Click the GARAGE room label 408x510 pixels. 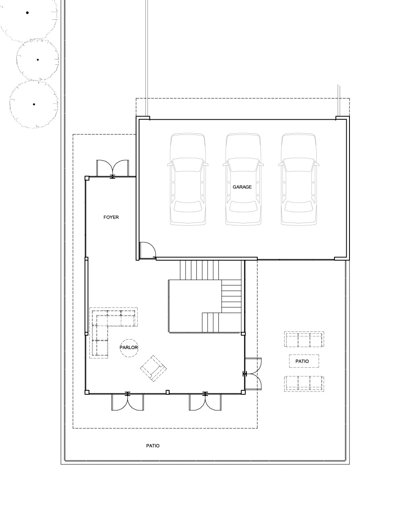point(242,187)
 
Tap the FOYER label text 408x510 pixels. point(111,217)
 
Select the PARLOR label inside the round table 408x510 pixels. point(129,347)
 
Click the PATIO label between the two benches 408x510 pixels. point(302,361)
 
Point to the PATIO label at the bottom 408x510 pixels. point(153,446)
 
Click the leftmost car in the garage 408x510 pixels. point(188,179)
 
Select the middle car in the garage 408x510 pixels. point(243,179)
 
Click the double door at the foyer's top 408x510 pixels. point(113,169)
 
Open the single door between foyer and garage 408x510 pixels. point(147,251)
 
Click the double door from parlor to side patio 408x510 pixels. point(252,374)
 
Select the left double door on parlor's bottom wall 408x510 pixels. point(127,402)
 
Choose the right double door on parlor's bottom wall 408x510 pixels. point(205,402)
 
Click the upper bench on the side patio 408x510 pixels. point(304,339)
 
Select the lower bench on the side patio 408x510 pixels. point(304,384)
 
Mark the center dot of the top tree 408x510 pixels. point(27,13)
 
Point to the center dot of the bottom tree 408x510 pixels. point(34,104)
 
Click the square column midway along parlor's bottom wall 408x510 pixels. point(168,392)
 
